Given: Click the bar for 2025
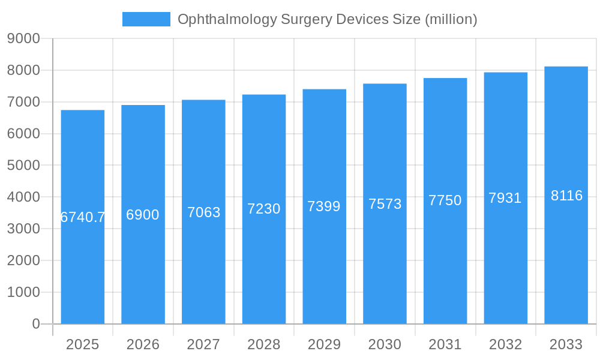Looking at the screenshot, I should pyautogui.click(x=83, y=270).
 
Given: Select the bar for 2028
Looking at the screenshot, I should pyautogui.click(x=264, y=270).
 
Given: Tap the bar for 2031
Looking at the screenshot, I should pyautogui.click(x=445, y=270).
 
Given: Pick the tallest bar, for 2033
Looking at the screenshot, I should pyautogui.click(x=566, y=270).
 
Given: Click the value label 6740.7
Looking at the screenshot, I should pyautogui.click(x=83, y=217).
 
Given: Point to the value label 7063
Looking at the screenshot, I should pyautogui.click(x=203, y=212).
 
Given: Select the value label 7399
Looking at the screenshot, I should pyautogui.click(x=324, y=206).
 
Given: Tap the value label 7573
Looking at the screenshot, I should pyautogui.click(x=385, y=204).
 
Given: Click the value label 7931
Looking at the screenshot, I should pyautogui.click(x=505, y=198).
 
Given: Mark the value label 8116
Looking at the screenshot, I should pyautogui.click(x=566, y=196).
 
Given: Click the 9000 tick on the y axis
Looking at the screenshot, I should pyautogui.click(x=23, y=39).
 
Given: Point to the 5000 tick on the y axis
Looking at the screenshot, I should pyautogui.click(x=23, y=166).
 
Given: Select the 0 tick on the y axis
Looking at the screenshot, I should pyautogui.click(x=35, y=324).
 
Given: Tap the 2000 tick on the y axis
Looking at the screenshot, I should pyautogui.click(x=23, y=260).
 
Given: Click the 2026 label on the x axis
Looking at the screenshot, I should pyautogui.click(x=143, y=344).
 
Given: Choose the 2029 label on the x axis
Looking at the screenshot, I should pyautogui.click(x=324, y=344).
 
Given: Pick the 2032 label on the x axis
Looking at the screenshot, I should pyautogui.click(x=505, y=344).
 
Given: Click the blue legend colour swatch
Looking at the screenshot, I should pyautogui.click(x=146, y=19).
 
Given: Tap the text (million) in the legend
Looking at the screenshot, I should pyautogui.click(x=451, y=20).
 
